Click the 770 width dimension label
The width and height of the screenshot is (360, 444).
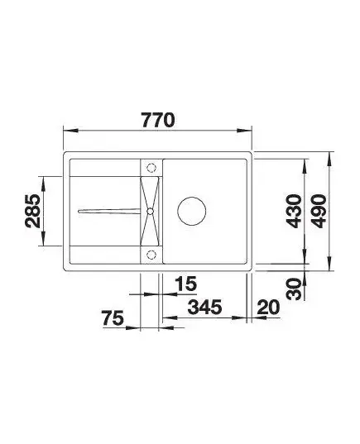tap(158, 120)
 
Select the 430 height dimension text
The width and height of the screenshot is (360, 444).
tap(294, 211)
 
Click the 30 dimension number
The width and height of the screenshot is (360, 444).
tap(294, 289)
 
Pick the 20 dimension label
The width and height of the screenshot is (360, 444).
tap(268, 308)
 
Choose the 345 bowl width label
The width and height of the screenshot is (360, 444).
tap(204, 307)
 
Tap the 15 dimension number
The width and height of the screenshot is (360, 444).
tap(185, 284)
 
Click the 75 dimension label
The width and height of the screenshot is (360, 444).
tap(113, 318)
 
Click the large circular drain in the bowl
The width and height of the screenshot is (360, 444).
tap(192, 211)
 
